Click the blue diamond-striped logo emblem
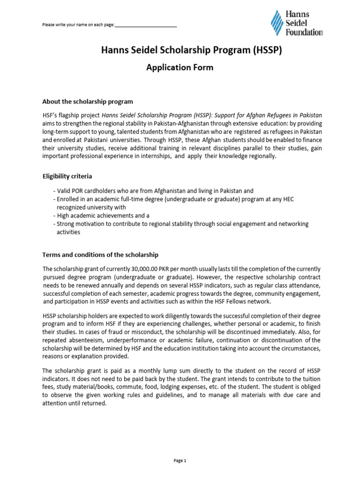point(277,23)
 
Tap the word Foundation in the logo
point(304,32)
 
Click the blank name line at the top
point(145,24)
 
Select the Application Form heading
point(180,67)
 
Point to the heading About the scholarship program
point(88,101)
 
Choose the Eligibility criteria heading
point(67,176)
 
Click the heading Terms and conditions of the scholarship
point(100,255)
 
